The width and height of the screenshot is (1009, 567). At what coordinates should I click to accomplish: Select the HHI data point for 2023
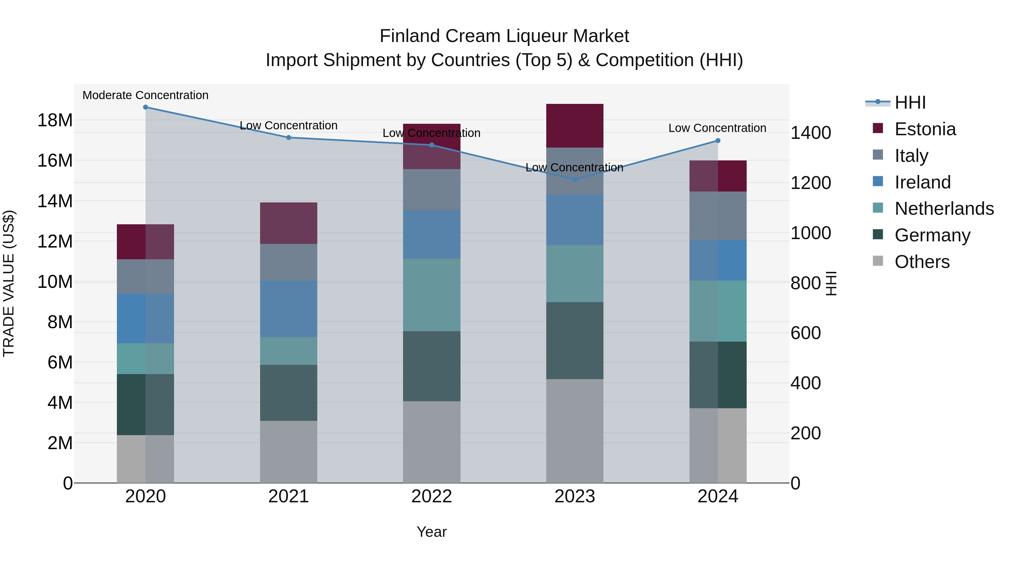pyautogui.click(x=575, y=179)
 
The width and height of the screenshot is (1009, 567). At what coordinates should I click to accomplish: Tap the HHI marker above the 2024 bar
pyautogui.click(x=718, y=141)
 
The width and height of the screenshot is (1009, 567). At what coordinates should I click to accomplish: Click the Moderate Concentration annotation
pyautogui.click(x=145, y=95)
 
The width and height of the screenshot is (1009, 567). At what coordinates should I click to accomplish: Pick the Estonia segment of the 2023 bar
pyautogui.click(x=575, y=126)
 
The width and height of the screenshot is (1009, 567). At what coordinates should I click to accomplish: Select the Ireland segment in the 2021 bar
pyautogui.click(x=288, y=309)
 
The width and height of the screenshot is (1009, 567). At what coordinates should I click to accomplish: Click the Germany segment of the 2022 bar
pyautogui.click(x=432, y=366)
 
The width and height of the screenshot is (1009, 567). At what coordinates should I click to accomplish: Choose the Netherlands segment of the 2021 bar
pyautogui.click(x=288, y=351)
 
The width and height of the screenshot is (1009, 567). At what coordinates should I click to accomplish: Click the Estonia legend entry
pyautogui.click(x=925, y=129)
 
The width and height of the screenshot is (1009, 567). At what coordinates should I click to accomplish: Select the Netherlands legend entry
pyautogui.click(x=944, y=209)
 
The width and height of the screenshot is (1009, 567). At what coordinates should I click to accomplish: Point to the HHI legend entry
pyautogui.click(x=910, y=102)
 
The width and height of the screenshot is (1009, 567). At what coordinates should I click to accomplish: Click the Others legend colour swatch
pyautogui.click(x=878, y=261)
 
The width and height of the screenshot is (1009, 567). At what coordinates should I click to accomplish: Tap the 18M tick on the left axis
pyautogui.click(x=55, y=120)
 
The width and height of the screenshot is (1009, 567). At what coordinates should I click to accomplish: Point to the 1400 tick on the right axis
pyautogui.click(x=810, y=133)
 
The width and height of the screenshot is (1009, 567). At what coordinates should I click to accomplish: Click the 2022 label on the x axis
pyautogui.click(x=432, y=496)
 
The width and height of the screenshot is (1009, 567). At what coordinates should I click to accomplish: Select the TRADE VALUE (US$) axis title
pyautogui.click(x=9, y=283)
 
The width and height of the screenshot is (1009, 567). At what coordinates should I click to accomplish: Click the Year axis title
pyautogui.click(x=432, y=532)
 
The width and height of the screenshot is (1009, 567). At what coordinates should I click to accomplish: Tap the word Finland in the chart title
pyautogui.click(x=409, y=36)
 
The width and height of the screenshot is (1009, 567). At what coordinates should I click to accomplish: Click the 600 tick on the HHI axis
pyautogui.click(x=805, y=333)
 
